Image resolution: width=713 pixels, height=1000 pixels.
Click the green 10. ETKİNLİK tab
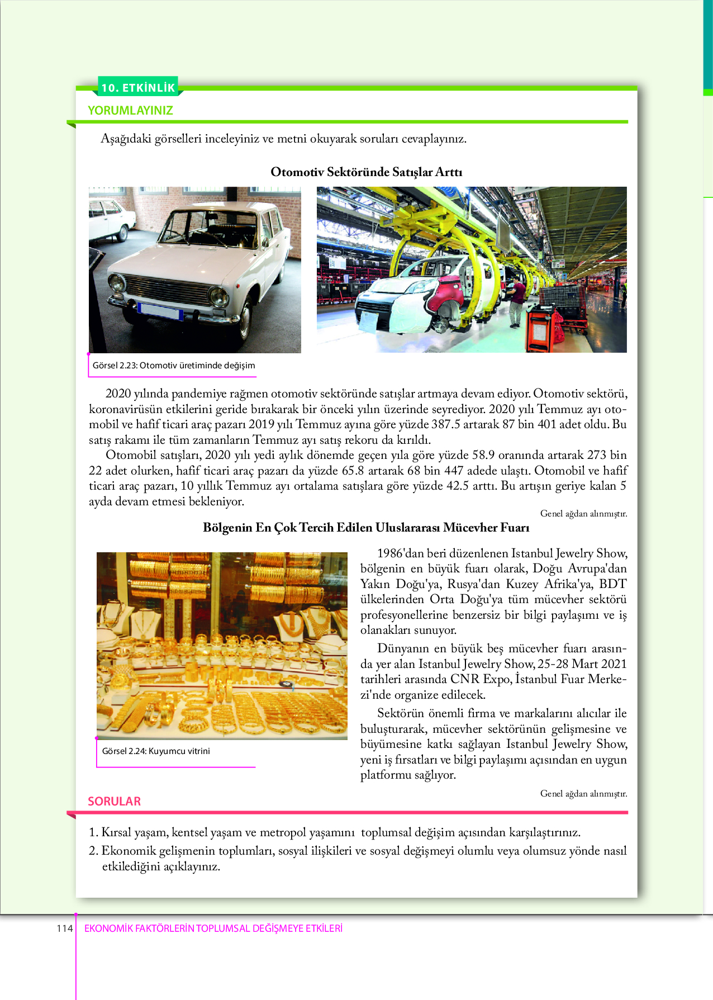point(138,87)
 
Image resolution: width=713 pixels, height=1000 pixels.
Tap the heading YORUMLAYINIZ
point(130,111)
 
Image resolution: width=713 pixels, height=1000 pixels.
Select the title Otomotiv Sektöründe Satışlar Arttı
point(366,172)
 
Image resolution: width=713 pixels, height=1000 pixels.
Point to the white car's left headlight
point(117,282)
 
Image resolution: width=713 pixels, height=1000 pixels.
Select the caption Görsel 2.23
point(173,366)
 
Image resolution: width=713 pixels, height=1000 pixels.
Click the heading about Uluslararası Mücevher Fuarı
point(366,528)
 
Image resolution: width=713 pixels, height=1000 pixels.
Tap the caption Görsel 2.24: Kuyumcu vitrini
point(156,751)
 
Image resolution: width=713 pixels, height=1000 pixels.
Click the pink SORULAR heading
point(114,802)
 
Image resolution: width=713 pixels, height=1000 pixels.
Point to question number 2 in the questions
point(94,851)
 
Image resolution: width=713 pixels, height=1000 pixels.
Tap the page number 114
point(64,928)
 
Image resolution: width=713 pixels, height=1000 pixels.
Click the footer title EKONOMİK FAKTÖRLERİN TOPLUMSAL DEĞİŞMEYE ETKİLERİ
point(213,928)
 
